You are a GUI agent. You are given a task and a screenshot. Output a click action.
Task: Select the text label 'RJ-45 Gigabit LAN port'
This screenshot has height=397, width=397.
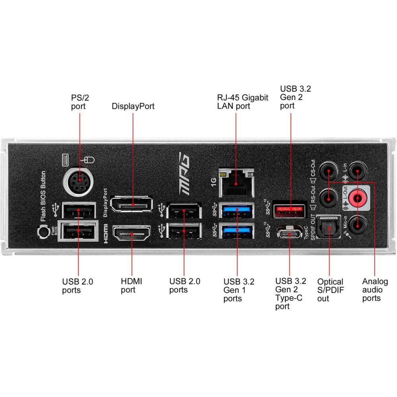pos(243,102)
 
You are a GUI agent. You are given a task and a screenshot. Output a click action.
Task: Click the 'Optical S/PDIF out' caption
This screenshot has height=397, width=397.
pos(330,289)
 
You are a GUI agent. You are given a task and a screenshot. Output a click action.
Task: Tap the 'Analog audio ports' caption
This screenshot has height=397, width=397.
pos(375,289)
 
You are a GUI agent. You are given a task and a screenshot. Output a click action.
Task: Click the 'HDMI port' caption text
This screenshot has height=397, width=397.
pos(131,285)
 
